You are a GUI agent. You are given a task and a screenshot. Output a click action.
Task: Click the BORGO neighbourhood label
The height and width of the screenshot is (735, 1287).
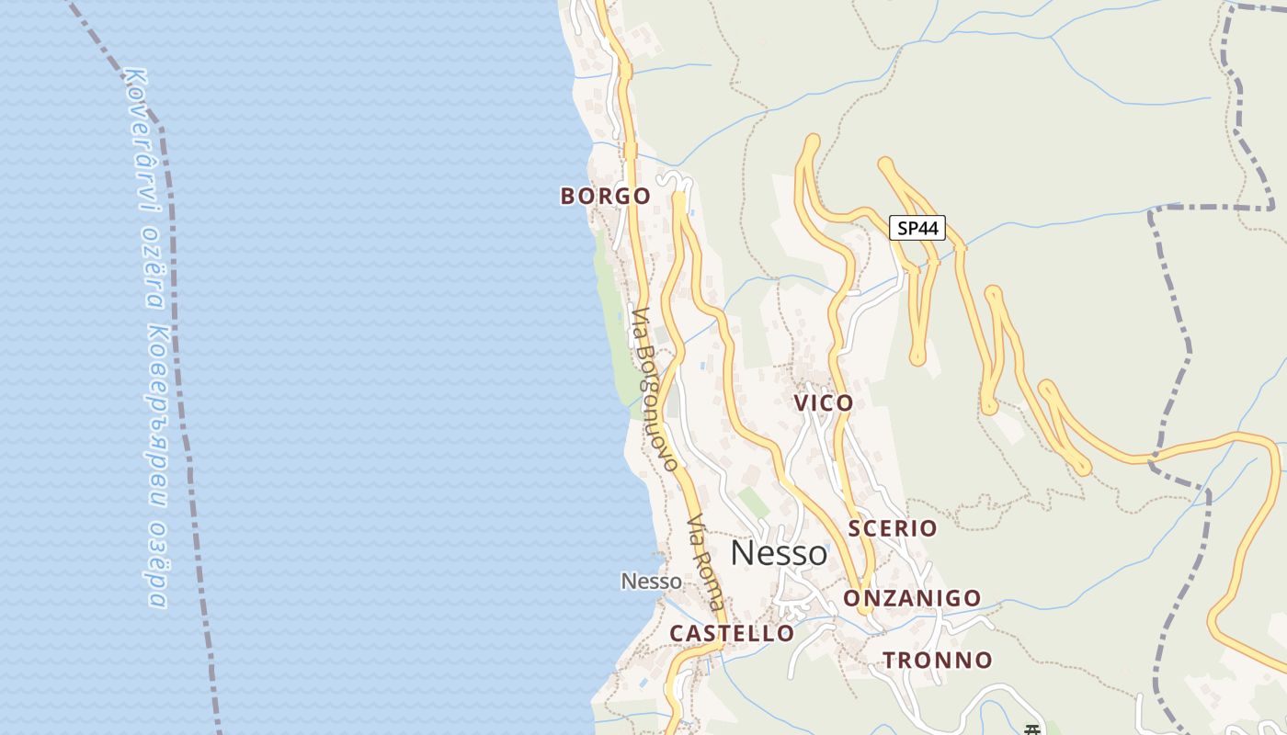point(606,196)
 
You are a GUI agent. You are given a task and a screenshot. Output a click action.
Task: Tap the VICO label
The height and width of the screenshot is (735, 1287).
point(824,402)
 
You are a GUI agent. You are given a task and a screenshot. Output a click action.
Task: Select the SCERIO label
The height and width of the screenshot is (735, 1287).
point(893,528)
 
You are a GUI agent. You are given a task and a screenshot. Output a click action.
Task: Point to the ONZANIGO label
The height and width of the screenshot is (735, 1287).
point(913,598)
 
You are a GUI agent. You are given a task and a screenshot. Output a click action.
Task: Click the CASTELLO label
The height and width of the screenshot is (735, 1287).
point(732,633)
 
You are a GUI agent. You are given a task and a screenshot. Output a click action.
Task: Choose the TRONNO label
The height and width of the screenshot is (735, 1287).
point(938,660)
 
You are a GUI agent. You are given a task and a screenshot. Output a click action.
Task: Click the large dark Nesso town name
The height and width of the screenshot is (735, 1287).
point(779,553)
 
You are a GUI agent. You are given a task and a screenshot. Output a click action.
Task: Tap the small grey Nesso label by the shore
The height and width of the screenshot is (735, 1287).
point(652,581)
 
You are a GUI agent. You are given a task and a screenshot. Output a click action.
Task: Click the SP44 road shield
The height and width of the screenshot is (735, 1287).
point(917,228)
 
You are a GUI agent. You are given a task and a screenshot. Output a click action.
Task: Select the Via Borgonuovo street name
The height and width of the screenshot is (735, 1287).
point(655,390)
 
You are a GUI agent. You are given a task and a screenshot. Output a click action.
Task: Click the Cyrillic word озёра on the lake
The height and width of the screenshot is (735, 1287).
point(157,566)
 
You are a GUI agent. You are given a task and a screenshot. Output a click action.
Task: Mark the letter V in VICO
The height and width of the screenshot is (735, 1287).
point(801,402)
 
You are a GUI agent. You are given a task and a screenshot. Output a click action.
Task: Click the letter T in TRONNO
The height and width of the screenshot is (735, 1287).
point(890,660)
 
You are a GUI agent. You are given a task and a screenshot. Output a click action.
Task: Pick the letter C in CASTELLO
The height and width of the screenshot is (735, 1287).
point(677,633)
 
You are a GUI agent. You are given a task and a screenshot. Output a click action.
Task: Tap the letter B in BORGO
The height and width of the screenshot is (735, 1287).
point(567,196)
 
